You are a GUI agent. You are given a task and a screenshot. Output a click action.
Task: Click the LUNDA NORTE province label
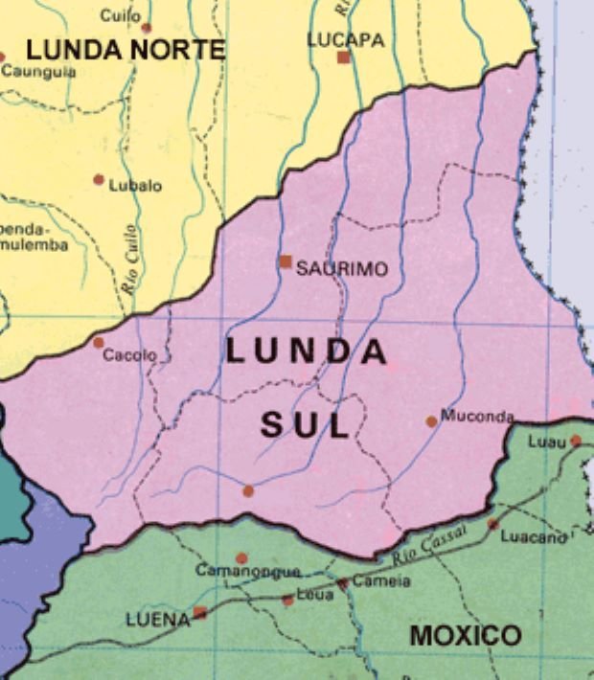126,50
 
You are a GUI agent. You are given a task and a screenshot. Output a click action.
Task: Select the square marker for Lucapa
344,57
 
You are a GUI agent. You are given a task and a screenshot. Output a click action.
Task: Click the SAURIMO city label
342,269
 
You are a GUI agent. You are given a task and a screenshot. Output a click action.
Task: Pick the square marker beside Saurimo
286,261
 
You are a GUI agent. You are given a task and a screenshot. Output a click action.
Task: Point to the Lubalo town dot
99,179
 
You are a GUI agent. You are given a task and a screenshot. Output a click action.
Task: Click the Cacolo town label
129,355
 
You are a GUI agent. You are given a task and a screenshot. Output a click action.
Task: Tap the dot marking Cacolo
99,342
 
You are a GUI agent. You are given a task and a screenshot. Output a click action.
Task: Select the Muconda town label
477,417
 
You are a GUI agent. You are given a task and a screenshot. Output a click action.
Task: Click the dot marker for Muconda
432,420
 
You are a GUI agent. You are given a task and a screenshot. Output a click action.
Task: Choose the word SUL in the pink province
305,426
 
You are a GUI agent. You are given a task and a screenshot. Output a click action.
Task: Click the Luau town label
547,442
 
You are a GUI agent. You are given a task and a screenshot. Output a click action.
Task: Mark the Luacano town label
534,537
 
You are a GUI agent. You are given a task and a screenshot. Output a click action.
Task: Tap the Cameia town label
381,581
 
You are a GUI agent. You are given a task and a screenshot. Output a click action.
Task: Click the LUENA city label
158,620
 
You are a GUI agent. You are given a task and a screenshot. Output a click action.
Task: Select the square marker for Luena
200,612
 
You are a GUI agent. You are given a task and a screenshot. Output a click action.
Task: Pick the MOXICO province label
466,634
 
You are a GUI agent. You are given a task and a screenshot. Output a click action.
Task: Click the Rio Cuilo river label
128,258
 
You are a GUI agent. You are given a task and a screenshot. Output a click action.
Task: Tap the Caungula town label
39,71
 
